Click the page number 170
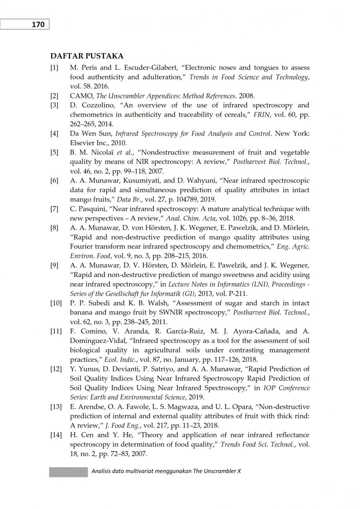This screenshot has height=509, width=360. [38, 25]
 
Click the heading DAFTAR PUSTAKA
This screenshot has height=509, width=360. [87, 56]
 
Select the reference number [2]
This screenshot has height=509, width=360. [54, 96]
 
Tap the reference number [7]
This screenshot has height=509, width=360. [54, 209]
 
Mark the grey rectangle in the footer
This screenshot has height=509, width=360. [68, 471]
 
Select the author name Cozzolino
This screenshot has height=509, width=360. [95, 105]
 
